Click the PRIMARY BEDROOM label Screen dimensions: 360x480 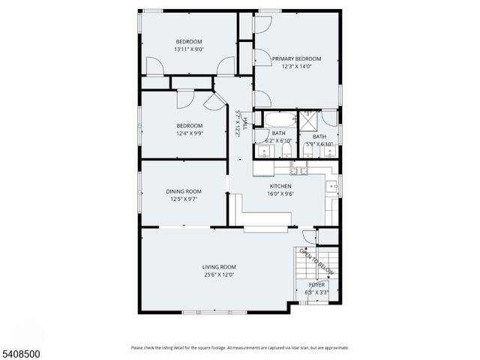pyautogui.click(x=296, y=58)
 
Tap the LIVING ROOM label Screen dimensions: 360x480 pyautogui.click(x=219, y=267)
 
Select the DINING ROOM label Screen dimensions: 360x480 pyautogui.click(x=184, y=191)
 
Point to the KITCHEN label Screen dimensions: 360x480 pyautogui.click(x=280, y=186)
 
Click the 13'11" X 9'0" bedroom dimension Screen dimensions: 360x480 pyautogui.click(x=189, y=49)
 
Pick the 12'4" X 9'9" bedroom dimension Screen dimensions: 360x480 pyautogui.click(x=189, y=133)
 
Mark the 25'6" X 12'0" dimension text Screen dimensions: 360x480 pyautogui.click(x=219, y=275)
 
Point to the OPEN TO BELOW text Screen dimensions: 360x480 pyautogui.click(x=316, y=261)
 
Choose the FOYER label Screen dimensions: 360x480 pyautogui.click(x=316, y=285)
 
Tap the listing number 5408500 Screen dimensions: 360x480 pyautogui.click(x=22, y=349)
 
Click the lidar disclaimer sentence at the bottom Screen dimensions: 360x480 pyautogui.click(x=239, y=347)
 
